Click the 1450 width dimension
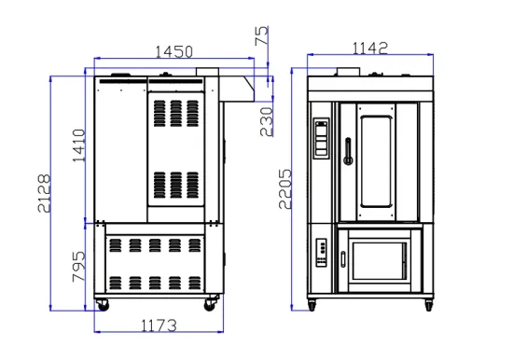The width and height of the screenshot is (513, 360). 174,51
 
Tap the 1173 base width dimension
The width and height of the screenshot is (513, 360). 159,325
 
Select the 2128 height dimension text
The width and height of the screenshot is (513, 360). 44,193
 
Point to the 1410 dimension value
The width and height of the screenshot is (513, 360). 79,145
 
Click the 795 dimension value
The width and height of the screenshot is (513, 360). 78,267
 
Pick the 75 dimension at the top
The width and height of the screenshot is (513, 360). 261,35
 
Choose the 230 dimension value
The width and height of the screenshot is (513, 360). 267,122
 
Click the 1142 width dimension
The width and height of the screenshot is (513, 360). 370,48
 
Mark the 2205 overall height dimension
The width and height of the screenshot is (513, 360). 284,188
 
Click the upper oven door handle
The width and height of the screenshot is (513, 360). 348,151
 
